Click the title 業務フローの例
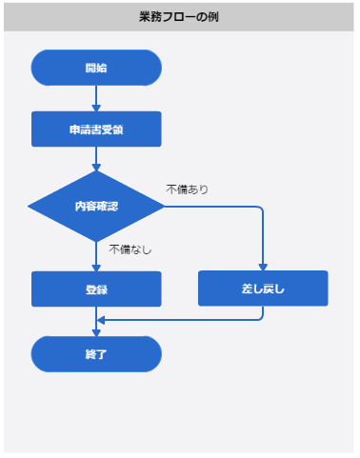click(x=180, y=17)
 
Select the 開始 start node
click(x=96, y=68)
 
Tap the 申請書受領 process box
click(x=96, y=129)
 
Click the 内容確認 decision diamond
click(x=96, y=207)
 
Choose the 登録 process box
click(x=96, y=289)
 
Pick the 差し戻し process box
click(x=263, y=289)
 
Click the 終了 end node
click(x=96, y=353)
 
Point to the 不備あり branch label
click(x=187, y=189)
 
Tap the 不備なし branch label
click(x=130, y=249)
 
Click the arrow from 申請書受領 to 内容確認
click(x=96, y=158)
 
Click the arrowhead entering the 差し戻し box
click(x=263, y=267)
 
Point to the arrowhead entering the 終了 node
click(x=96, y=331)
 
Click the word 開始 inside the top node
click(x=96, y=68)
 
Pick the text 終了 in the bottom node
click(x=96, y=353)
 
